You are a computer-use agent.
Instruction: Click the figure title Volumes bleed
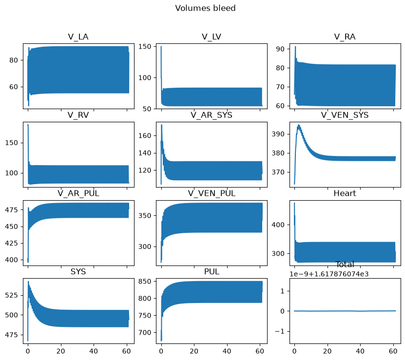coord(205,8)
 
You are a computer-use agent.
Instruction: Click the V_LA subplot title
coord(78,37)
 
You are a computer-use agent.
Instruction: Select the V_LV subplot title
coord(212,37)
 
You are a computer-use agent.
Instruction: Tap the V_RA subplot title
coord(345,37)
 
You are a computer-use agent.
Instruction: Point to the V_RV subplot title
coord(78,115)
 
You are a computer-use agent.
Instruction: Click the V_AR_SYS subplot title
coord(212,115)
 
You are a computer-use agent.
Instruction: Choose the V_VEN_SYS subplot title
coord(345,115)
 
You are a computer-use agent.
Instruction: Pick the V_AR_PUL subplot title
coord(78,193)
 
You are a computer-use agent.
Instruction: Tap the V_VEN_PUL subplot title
coord(212,193)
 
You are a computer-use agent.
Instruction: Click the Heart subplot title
coord(345,193)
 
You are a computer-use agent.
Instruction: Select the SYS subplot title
coord(78,272)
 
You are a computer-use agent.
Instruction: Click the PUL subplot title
coord(212,272)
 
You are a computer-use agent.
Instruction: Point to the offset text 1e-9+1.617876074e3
coord(329,274)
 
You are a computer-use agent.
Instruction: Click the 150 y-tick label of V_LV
coord(145,46)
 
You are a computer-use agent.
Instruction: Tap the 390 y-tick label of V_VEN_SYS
coord(278,134)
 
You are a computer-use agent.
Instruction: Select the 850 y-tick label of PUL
coord(145,281)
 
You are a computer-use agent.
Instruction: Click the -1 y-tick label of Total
coord(279,331)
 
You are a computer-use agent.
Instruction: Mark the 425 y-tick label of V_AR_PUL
coord(12,243)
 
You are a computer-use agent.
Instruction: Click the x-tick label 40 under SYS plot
coord(94,351)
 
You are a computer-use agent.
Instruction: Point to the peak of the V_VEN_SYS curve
coord(299,125)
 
